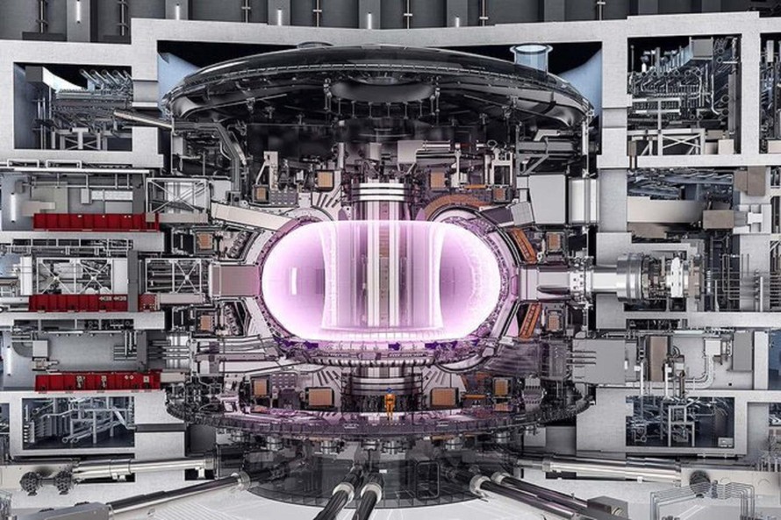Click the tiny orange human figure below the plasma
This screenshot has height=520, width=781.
[390, 403]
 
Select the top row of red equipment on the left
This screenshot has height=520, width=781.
[95, 221]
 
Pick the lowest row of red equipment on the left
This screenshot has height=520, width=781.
[97, 381]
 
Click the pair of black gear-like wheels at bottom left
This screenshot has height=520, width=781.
[49, 481]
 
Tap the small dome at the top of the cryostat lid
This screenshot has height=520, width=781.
[313, 45]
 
